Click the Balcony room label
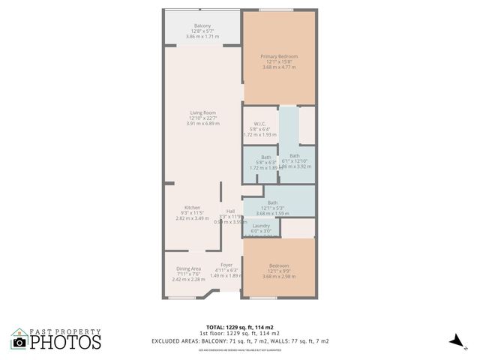[x=202, y=25]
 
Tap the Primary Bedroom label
[x=279, y=57]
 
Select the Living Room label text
[x=202, y=112]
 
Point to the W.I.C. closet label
[x=260, y=124]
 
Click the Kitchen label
[x=193, y=208]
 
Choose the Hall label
[x=230, y=211]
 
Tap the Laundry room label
[x=260, y=226]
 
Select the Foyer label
[x=226, y=265]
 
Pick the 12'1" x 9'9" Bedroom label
[x=279, y=265]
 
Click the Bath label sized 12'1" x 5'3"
[x=272, y=202]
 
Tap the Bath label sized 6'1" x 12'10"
[x=295, y=156]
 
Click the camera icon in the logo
[x=19, y=342]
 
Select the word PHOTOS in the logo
[x=66, y=342]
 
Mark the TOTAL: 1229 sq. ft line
[x=240, y=327]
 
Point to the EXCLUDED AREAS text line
[x=240, y=341]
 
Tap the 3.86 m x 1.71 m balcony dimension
[x=202, y=36]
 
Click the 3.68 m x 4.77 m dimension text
[x=279, y=67]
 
